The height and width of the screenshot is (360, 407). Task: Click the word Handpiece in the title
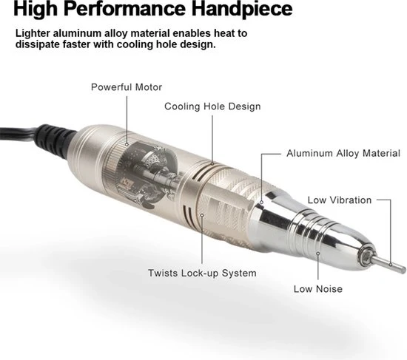[x=242, y=9]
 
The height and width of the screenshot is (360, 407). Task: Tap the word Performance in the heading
[x=124, y=9]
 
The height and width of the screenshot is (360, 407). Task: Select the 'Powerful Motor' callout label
[x=127, y=87]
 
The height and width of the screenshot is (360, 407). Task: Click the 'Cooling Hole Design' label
[x=212, y=106]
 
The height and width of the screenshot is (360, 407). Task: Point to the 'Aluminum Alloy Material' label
[x=343, y=153]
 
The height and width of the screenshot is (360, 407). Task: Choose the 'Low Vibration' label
[x=340, y=200]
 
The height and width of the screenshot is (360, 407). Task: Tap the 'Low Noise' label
[x=318, y=289]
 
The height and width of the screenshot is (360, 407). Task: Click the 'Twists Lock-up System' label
[x=202, y=273]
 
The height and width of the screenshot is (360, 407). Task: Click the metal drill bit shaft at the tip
[x=390, y=265]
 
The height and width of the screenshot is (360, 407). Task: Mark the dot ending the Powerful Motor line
[x=127, y=144]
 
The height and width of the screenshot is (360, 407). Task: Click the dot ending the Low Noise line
[x=318, y=254]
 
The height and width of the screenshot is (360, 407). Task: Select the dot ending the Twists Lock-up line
[x=202, y=215]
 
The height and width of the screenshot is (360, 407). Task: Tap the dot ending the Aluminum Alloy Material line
[x=262, y=203]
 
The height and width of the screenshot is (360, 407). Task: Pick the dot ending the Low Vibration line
[x=391, y=265]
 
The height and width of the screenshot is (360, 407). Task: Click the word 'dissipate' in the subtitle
[x=37, y=44]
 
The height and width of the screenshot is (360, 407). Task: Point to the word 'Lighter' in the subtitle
[x=33, y=33]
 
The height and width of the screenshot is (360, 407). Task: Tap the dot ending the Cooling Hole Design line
[x=212, y=163]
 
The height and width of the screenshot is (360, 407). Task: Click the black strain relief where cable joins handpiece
[x=55, y=140]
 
